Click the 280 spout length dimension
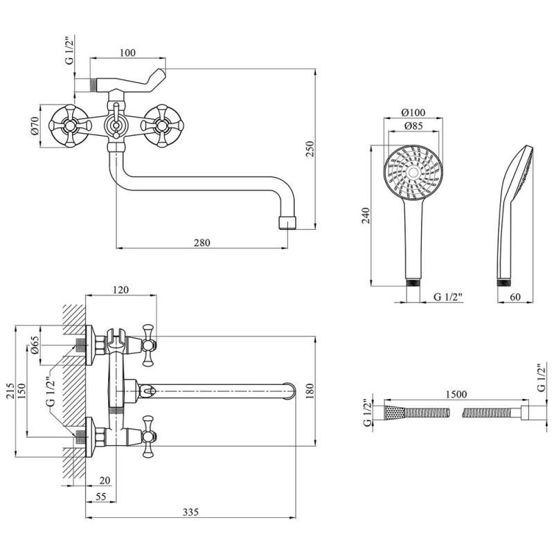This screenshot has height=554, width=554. pyautogui.click(x=202, y=242)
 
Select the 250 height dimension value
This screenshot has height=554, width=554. pyautogui.click(x=310, y=149)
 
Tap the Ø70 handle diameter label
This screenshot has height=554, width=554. pyautogui.click(x=35, y=125)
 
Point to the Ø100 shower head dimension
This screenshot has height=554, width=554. pyautogui.click(x=413, y=113)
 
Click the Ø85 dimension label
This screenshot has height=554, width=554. pyautogui.click(x=413, y=125)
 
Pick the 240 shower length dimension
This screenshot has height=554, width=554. pyautogui.click(x=365, y=215)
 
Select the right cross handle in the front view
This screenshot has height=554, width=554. pyautogui.click(x=163, y=125)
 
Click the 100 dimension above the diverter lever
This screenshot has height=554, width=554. pyautogui.click(x=127, y=53)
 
